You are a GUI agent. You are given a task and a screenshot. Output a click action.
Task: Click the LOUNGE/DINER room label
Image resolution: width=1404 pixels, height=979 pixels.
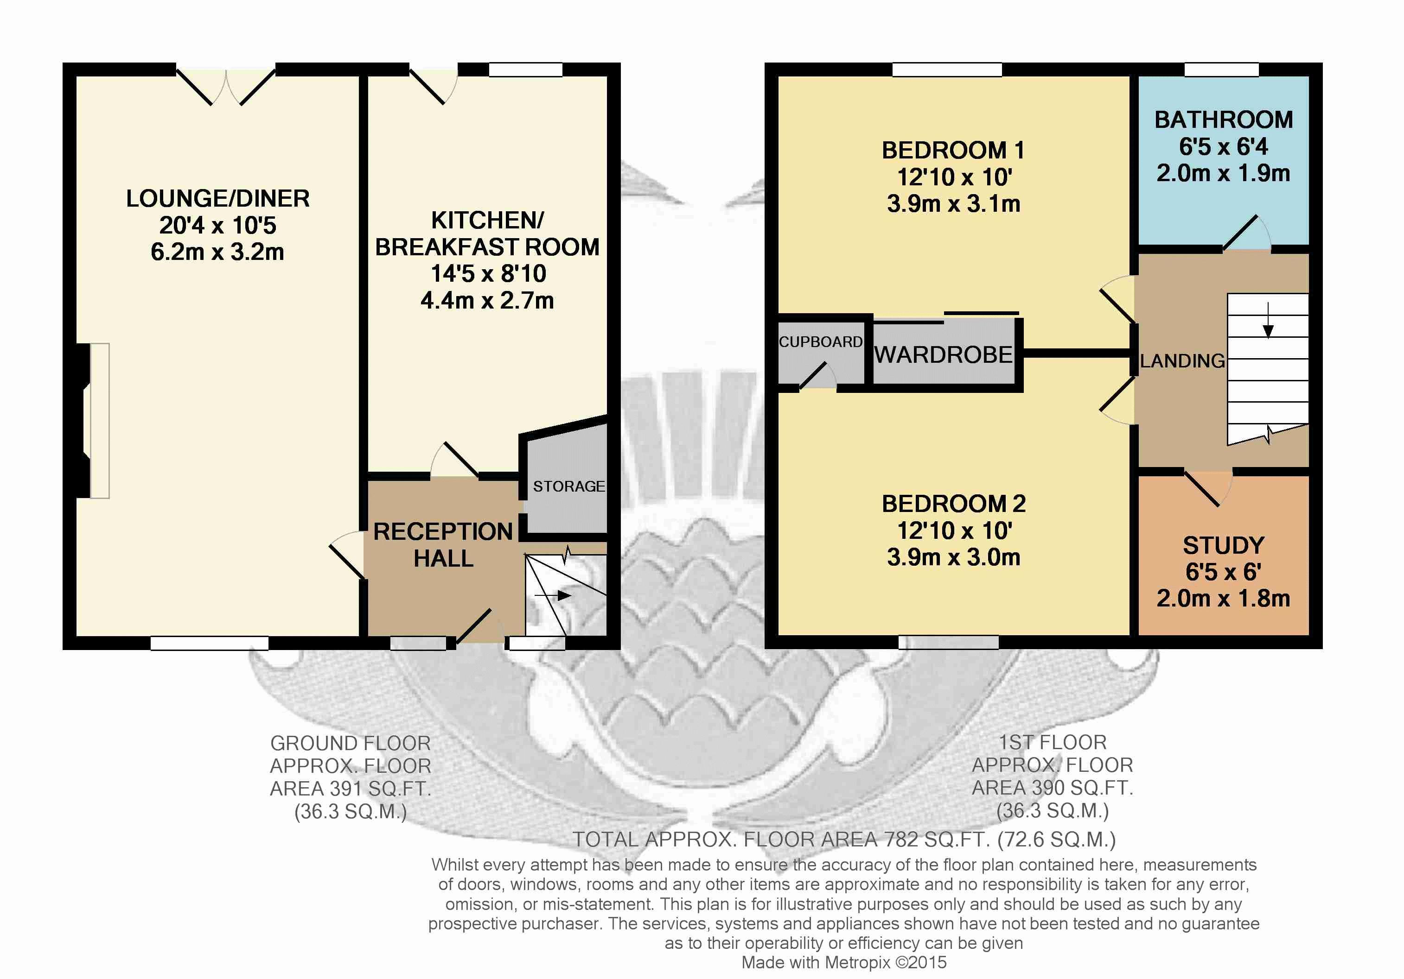(x=217, y=199)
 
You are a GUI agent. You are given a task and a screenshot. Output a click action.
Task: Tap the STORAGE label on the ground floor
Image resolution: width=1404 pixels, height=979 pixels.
(x=568, y=486)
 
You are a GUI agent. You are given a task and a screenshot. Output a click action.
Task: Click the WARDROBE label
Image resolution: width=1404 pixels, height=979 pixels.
(x=943, y=354)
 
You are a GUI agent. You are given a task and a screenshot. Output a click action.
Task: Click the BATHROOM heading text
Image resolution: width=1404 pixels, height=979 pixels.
(x=1224, y=120)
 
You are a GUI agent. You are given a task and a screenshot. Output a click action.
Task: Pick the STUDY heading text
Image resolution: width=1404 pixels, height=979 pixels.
(x=1224, y=545)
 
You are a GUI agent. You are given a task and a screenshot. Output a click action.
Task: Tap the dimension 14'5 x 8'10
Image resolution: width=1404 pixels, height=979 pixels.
(x=488, y=274)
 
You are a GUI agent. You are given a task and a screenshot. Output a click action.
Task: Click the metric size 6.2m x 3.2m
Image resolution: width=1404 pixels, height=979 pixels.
(x=217, y=252)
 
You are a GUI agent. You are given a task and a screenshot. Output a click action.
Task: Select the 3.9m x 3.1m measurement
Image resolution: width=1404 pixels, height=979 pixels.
(x=954, y=203)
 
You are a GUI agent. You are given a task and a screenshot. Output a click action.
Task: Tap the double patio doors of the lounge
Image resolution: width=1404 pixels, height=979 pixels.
(x=226, y=86)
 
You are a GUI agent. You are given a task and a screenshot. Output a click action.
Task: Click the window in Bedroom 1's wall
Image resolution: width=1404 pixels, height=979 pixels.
(x=947, y=69)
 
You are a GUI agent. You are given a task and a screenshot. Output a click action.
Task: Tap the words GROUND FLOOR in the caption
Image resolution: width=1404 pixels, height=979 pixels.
(x=351, y=743)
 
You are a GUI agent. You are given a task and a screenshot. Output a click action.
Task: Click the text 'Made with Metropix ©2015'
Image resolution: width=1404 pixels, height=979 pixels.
(x=844, y=962)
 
